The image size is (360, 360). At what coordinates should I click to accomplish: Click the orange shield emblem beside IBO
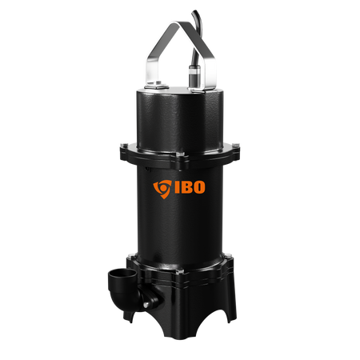162,189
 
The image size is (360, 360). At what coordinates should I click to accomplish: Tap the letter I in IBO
177,187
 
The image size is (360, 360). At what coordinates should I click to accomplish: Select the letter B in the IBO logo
186,187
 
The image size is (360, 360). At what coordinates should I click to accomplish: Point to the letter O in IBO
198,187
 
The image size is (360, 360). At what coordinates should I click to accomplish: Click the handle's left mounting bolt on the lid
156,85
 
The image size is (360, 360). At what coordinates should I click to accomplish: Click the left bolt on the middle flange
123,146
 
